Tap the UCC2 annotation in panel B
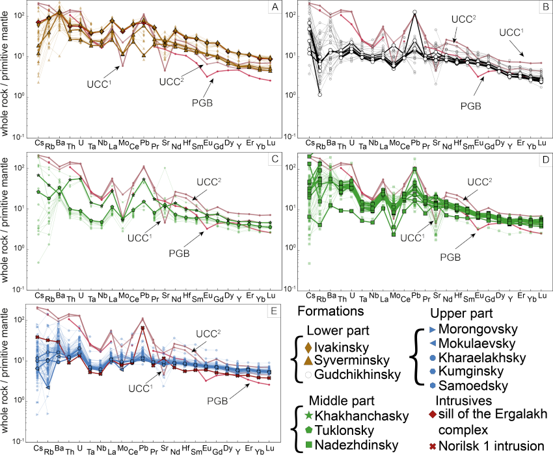[x=464, y=19]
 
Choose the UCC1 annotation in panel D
[x=412, y=238]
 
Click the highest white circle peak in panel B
[x=414, y=12]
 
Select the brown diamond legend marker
[x=308, y=348]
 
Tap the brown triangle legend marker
[x=308, y=361]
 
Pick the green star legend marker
[x=308, y=414]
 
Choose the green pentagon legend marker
[x=308, y=430]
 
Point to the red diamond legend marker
[x=433, y=414]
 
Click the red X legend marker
[x=433, y=447]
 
